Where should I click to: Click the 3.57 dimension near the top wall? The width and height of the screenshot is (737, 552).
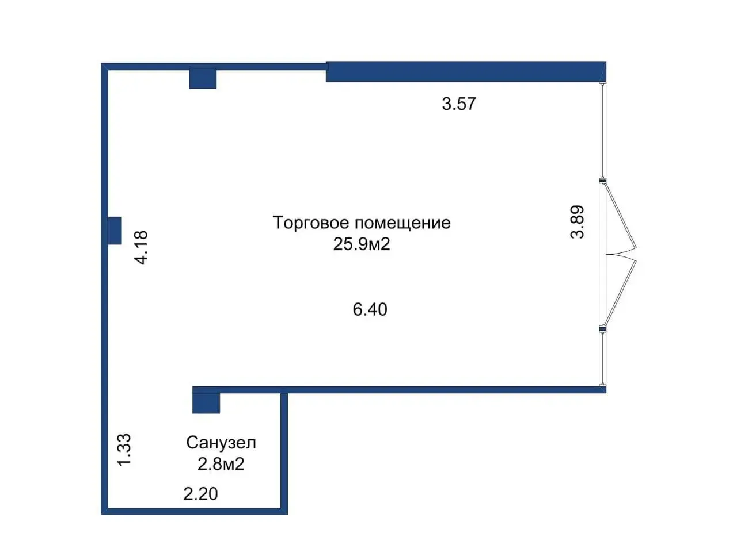coord(459,104)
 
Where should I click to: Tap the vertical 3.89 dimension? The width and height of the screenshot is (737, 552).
coord(577,222)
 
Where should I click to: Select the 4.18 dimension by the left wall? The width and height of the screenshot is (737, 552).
coord(141,247)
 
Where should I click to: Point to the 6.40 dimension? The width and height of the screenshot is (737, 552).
coord(370,309)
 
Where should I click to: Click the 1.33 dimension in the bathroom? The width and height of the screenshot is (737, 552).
coord(124,450)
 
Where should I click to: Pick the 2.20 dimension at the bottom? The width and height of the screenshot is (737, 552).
coord(200,493)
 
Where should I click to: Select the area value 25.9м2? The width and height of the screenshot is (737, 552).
coord(362,244)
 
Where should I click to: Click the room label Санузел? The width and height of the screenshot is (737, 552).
coord(221,443)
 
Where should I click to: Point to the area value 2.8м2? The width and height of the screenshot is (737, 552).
coord(221,463)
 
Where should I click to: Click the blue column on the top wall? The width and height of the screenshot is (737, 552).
coord(203,78)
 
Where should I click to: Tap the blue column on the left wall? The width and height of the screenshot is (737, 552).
coord(115,230)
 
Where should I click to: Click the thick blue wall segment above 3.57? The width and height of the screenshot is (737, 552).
coord(465,71)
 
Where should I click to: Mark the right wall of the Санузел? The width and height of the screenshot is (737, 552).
coord(284,451)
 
